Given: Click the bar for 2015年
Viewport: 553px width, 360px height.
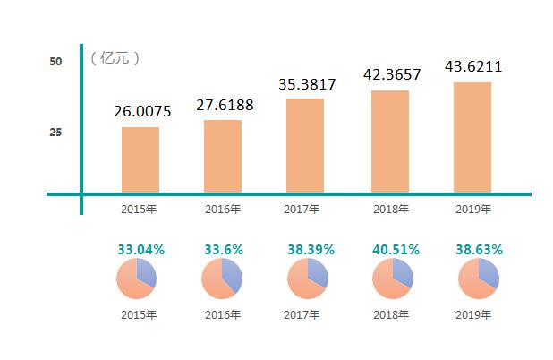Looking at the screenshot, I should (x=140, y=159).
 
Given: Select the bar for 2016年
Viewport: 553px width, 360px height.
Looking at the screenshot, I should (x=223, y=156).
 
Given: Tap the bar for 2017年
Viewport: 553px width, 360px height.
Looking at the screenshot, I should (x=305, y=145).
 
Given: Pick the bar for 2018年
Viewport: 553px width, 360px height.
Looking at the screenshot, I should (x=390, y=141).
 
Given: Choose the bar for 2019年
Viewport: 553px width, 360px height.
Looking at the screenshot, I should (x=472, y=137).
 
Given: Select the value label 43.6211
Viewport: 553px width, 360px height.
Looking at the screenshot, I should (x=473, y=67).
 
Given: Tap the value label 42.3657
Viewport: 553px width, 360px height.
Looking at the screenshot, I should (x=391, y=74).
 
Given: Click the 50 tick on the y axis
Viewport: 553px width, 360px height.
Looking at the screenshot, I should (x=55, y=61).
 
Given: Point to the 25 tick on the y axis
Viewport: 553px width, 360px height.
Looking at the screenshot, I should (x=55, y=133).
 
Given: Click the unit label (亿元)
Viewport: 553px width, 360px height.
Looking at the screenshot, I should (x=115, y=58).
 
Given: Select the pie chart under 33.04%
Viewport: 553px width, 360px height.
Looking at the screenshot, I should (x=136, y=279).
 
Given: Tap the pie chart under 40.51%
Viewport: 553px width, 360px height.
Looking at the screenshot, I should (x=392, y=279).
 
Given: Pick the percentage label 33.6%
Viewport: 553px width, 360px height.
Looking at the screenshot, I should (x=224, y=250).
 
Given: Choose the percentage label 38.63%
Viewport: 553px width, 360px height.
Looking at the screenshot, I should (x=479, y=250).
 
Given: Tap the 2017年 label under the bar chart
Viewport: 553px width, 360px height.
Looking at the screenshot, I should (x=302, y=210).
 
